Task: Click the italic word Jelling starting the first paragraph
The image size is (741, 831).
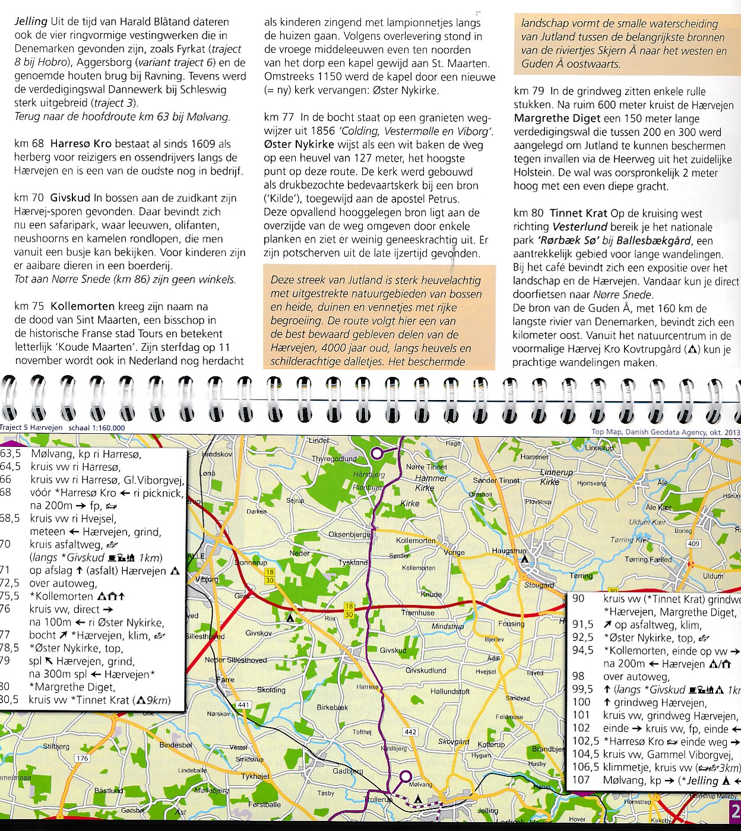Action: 31,21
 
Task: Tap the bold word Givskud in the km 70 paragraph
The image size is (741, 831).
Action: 70,198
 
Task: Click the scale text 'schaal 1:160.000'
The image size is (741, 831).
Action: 97,428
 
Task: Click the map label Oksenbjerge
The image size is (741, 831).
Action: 350,535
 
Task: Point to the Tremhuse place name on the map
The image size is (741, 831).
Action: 417,613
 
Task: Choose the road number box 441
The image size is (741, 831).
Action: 243,705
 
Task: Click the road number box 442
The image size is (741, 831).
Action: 410,732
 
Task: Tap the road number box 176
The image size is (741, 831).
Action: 82,758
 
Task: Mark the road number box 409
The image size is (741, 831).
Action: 693,544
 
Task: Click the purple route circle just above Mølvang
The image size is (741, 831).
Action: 406,776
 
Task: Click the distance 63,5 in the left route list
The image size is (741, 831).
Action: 10,454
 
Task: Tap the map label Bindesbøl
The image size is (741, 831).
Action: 176,745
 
